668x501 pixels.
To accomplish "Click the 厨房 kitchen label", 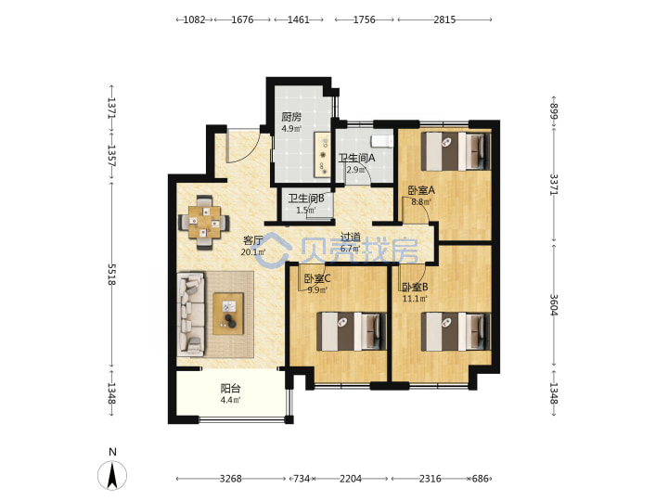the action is coord(291,117).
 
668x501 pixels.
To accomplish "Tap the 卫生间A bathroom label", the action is coord(357,158).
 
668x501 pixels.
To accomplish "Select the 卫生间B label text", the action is coord(306,199).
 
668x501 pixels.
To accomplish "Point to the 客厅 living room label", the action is coord(252,240).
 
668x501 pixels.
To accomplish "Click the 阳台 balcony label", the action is coord(230,389).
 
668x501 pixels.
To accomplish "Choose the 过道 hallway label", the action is coord(351,237).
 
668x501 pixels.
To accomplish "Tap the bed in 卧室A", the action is coord(456,151).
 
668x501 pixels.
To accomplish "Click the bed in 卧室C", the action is coord(352,331).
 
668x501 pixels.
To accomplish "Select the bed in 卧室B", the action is coord(456,331).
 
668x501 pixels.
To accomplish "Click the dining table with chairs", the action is coord(204,222).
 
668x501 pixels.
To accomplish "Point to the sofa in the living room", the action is coord(191,315).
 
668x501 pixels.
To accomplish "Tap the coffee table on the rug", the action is coord(229,314).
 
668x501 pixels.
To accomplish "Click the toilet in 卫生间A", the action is coord(381,141).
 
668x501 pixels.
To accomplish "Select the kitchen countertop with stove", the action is coord(323,155).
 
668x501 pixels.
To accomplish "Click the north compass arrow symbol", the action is coord(112,475).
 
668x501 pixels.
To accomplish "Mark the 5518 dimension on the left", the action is coord(111,275).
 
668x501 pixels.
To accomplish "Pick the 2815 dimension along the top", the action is coord(444,19).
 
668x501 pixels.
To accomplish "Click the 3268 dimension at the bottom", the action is coord(230,479).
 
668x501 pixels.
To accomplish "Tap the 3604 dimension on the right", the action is coord(554,305).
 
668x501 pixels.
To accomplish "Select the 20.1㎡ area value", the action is coord(253,252).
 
